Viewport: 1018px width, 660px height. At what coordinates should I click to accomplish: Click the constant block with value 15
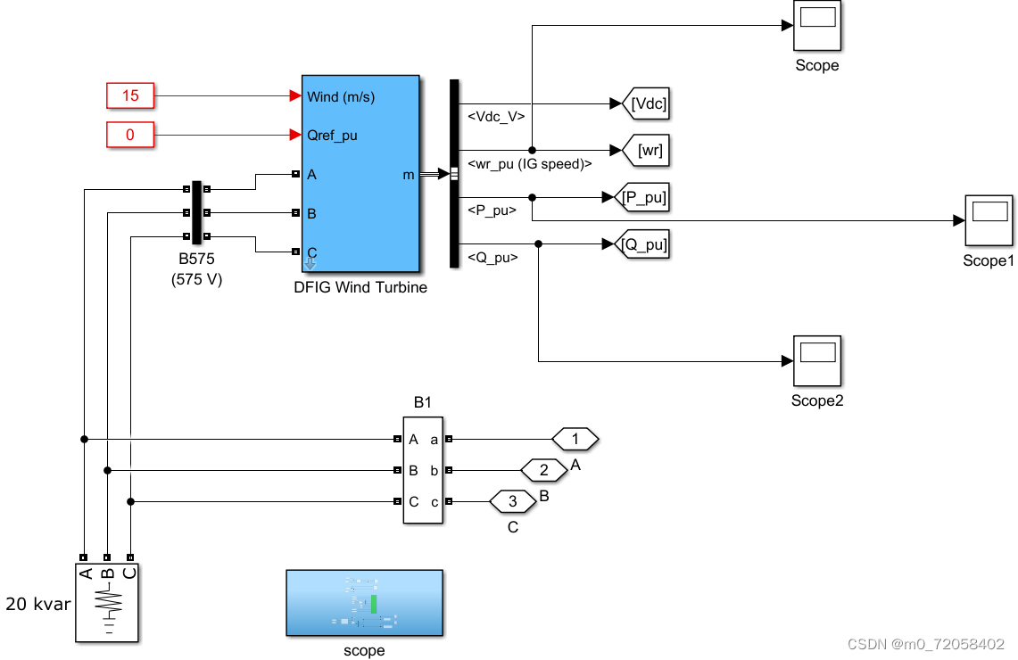(130, 95)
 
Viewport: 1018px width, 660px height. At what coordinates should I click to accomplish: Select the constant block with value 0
(130, 136)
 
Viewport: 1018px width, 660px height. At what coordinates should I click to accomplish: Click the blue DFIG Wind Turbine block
(360, 173)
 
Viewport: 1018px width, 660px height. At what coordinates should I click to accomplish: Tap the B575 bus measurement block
(197, 212)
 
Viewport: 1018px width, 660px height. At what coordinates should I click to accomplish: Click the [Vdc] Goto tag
(647, 103)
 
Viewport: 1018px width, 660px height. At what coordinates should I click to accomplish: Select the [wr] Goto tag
(647, 151)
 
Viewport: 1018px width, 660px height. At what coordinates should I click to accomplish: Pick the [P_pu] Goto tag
(644, 197)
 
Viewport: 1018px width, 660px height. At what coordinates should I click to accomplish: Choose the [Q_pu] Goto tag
(644, 243)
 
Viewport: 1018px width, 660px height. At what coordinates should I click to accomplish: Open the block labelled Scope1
(989, 220)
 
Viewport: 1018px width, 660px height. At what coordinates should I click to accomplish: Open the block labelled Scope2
(816, 360)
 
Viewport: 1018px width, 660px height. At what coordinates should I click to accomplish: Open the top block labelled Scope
(816, 26)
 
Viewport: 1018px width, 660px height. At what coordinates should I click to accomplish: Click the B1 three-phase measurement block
(422, 471)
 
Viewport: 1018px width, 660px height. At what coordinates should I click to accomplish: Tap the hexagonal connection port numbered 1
(575, 439)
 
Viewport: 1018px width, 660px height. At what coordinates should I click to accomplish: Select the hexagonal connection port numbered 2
(543, 470)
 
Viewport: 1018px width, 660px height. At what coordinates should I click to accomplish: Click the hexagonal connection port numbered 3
(513, 501)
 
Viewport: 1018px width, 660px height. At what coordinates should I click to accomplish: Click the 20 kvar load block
(106, 602)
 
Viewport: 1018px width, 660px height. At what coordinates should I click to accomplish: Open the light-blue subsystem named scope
(364, 603)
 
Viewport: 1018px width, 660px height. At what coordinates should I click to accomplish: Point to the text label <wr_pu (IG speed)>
(529, 163)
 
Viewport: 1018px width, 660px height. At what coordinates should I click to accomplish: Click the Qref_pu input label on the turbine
(332, 136)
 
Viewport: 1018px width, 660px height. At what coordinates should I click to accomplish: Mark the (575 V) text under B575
(196, 279)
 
